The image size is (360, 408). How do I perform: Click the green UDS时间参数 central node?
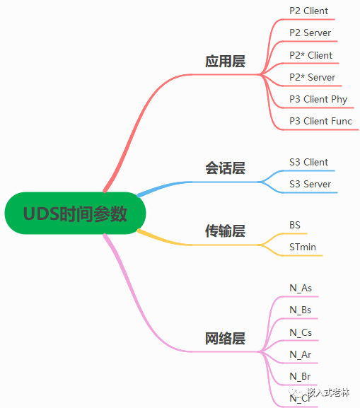click(75, 213)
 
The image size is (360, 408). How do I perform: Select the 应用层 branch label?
click(225, 62)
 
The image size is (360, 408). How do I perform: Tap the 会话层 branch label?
click(225, 168)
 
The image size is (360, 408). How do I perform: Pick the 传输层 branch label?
click(225, 231)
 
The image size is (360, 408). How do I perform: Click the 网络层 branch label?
click(225, 339)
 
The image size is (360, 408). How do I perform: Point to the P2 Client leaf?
click(308, 11)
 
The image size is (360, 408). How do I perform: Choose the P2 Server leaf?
click(310, 33)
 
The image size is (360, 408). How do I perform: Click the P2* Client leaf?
click(310, 55)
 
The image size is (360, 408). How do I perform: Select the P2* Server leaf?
click(312, 77)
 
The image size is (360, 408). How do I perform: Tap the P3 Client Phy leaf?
click(318, 99)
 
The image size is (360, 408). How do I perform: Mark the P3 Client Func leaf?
click(320, 121)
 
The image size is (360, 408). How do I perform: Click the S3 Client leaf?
click(308, 162)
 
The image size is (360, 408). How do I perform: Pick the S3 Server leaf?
click(310, 184)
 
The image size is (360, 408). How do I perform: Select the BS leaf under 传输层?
click(295, 225)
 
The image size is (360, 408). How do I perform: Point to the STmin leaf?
click(303, 247)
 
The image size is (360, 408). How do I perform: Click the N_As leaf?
click(301, 288)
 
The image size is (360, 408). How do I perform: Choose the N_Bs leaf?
click(301, 310)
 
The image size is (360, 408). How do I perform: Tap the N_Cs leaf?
click(301, 332)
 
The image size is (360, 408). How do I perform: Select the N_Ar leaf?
click(301, 354)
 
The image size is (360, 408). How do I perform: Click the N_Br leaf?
click(301, 375)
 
